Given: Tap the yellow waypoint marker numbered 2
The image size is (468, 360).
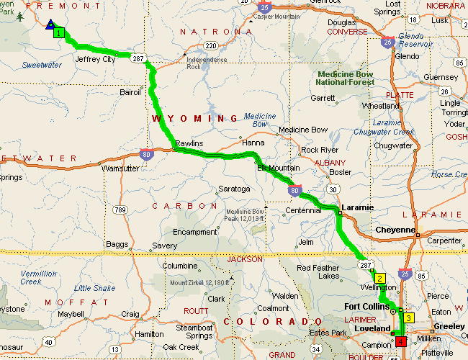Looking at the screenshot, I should pos(379,277).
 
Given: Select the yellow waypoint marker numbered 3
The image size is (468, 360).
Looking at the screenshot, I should pos(408,318).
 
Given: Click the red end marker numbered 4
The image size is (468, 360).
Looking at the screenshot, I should pos(400,341).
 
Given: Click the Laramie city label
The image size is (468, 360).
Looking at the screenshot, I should pos(358,207).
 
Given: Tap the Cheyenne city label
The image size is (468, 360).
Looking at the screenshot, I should pos(395,230).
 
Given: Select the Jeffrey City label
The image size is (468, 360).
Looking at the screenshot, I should pos(95,60).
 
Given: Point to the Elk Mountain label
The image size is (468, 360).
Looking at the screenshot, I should pos(279,168).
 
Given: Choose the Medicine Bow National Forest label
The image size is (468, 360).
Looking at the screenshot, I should pos(346,78).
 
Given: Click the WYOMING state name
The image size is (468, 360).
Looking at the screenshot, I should pos(194,118).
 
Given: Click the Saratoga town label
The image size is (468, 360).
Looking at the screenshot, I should pos(233,189).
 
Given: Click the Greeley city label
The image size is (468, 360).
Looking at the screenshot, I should pos(448,325).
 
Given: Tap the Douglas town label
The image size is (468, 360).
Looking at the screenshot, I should pos(341,22).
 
